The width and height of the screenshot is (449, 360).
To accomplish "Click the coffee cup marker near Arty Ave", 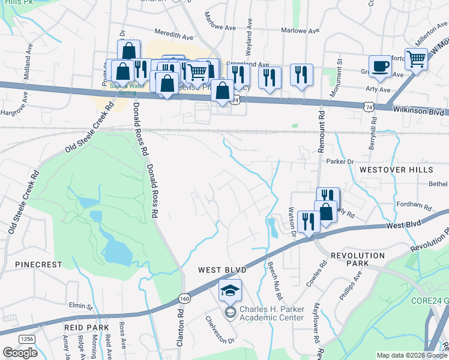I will coord(380,66).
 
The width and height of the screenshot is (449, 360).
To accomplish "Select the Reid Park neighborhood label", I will coord(88,327).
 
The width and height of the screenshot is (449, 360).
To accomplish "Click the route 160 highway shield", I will coord(184,298).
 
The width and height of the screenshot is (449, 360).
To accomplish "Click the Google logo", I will coord(19,353).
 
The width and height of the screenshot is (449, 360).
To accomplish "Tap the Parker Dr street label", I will coord(340,161).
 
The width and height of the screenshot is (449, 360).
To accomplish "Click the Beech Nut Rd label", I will coord(275,280).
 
